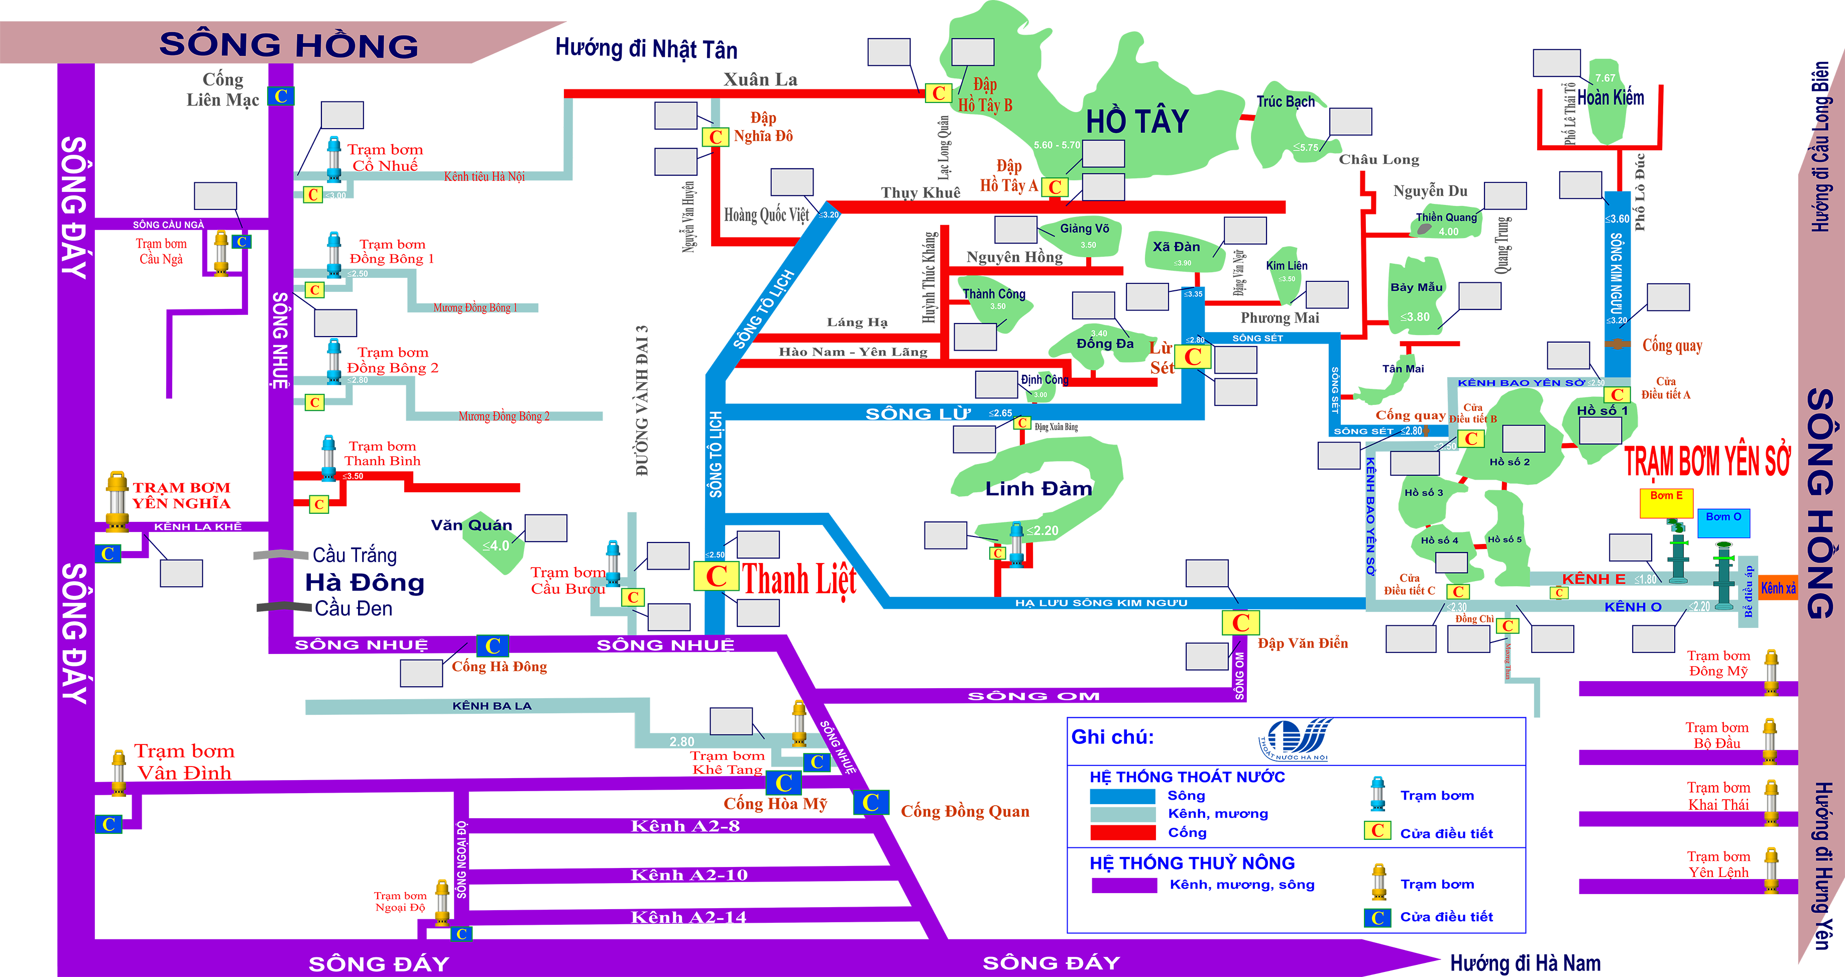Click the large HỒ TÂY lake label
[x=1137, y=121]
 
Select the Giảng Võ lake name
[x=1084, y=229]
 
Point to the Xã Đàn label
[x=1176, y=247]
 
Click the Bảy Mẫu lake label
[x=1416, y=287]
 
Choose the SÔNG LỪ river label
[x=918, y=414]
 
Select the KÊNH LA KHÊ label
[x=198, y=526]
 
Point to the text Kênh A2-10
[x=689, y=875]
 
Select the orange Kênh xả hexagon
[x=1778, y=588]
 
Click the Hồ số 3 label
[x=1423, y=493]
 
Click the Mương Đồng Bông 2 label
[x=504, y=416]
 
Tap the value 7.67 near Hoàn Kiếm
[x=1605, y=78]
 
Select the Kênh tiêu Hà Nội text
[x=484, y=176]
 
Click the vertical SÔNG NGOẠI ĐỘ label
[x=462, y=859]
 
